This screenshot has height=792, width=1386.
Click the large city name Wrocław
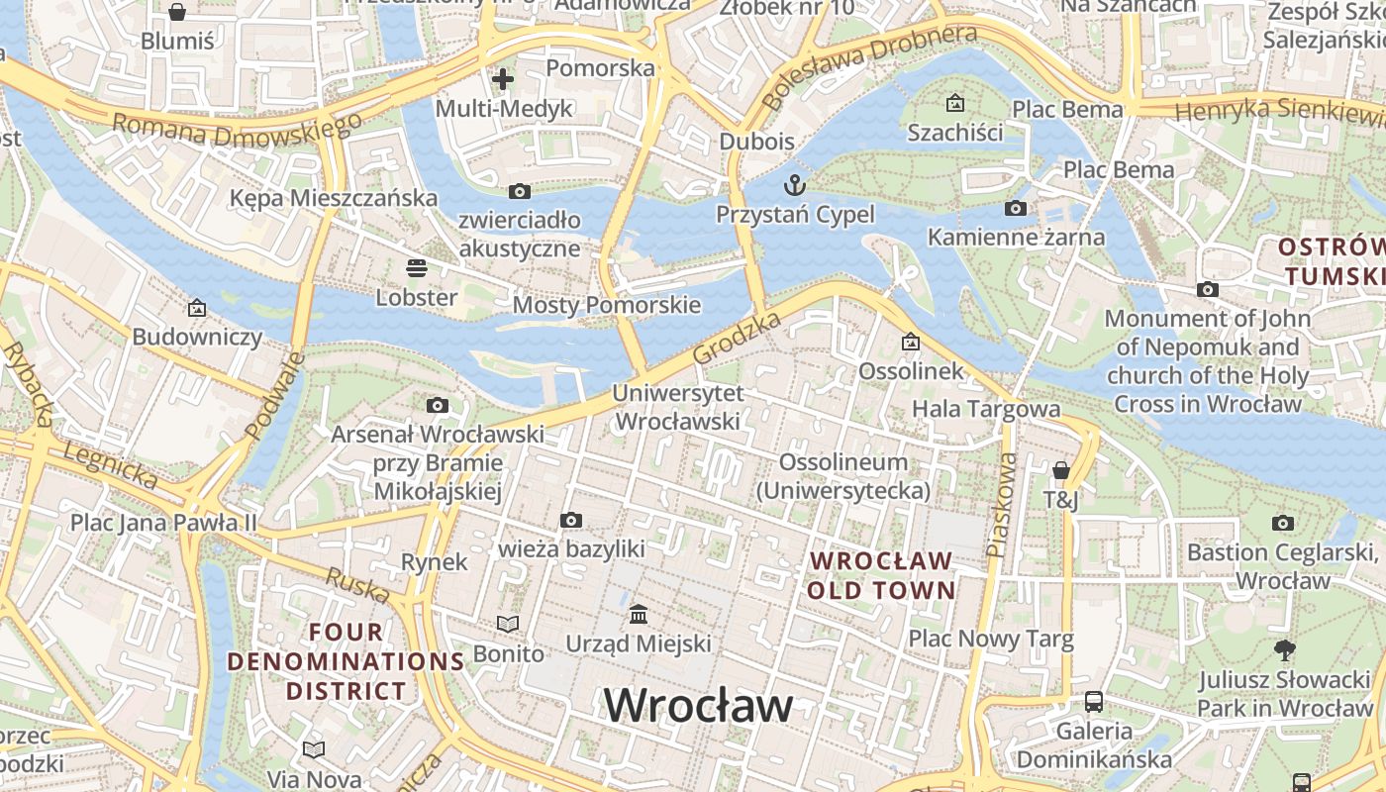coord(699,706)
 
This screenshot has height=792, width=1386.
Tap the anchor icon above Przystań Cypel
coord(794,185)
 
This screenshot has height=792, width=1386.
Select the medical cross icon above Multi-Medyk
coord(503,79)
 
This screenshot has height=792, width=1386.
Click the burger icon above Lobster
coord(416,267)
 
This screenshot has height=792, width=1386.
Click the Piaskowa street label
coord(1001,504)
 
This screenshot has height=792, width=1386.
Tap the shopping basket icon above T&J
coord(1061,470)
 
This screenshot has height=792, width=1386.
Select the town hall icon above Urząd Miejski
coord(639,615)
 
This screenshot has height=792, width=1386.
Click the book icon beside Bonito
coord(508,624)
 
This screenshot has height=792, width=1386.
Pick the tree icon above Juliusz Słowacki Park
coord(1285,650)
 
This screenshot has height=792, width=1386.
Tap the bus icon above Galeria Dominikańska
coord(1094,702)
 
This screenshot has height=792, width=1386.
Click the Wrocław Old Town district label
coord(881,575)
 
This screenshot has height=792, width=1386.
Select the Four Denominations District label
coord(346,661)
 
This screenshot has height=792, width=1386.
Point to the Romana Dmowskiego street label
coord(237,129)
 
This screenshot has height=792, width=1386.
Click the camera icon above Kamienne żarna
coord(1015,208)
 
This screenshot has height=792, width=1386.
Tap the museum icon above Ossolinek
coord(910,343)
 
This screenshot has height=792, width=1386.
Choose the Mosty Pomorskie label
coord(606,305)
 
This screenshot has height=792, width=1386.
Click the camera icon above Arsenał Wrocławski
coord(437,405)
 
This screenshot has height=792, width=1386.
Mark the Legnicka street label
coord(109,465)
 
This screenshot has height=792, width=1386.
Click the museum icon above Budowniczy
coord(197,308)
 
